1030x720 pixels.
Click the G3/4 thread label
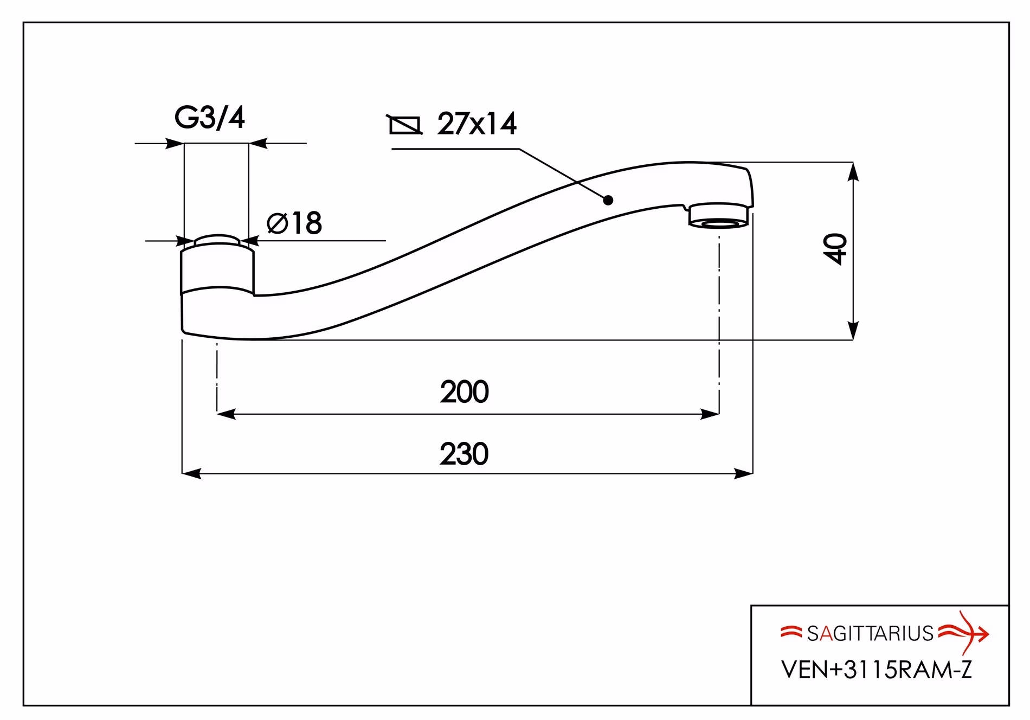[x=210, y=118]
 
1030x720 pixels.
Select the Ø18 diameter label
[x=294, y=223]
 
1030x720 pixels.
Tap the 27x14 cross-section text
[x=477, y=124]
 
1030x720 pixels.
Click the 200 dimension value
[x=464, y=392]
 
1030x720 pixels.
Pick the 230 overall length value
[x=464, y=454]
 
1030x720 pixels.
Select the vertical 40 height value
[x=838, y=249]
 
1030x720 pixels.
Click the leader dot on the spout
[x=608, y=200]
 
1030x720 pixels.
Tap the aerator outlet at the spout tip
[x=719, y=215]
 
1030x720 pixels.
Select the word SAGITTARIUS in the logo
[x=870, y=634]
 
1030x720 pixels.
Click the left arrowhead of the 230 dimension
[x=191, y=473]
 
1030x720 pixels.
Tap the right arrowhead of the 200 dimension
[x=710, y=415]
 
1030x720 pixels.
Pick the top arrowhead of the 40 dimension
[x=853, y=171]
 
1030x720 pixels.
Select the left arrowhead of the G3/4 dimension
[x=175, y=144]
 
